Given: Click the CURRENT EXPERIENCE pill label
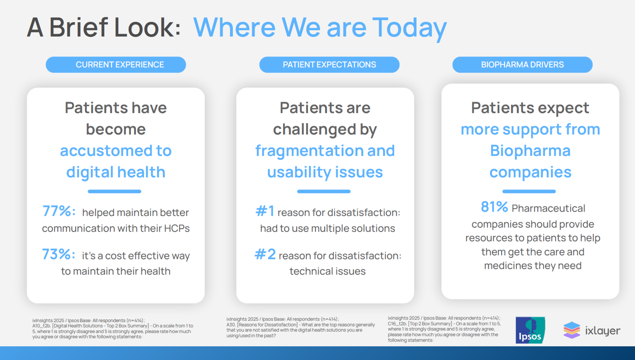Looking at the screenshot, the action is tap(115, 64).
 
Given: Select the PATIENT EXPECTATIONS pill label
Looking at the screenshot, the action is tap(329, 64).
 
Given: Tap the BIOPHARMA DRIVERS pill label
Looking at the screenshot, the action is tap(522, 64).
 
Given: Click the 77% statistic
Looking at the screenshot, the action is tap(58, 211).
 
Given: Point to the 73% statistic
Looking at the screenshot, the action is tap(58, 254).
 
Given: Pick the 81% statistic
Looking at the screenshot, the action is tap(494, 206).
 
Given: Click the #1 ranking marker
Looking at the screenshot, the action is tap(265, 211).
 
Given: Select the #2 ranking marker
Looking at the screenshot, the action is tap(265, 254).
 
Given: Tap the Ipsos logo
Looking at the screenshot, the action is tap(530, 330).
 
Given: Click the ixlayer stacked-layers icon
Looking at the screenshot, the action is tap(572, 330).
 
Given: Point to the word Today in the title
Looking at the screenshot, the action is tap(409, 28).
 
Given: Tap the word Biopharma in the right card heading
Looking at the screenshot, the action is tap(530, 151).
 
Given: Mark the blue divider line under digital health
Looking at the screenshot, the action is tap(114, 191).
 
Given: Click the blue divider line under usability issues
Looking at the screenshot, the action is tap(323, 191).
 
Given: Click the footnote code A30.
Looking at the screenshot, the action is tap(231, 324).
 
